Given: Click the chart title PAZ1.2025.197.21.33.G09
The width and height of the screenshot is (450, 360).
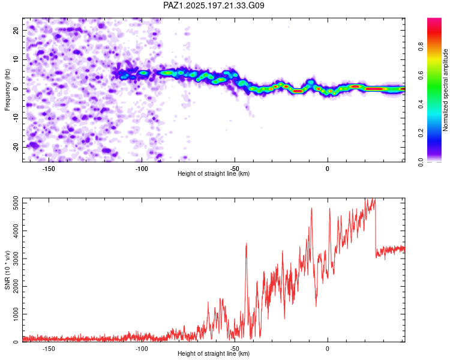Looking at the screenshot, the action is [x=214, y=5].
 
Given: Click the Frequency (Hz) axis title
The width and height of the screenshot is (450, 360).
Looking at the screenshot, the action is [x=7, y=90].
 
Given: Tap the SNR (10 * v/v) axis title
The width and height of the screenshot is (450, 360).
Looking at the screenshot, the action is [x=7, y=270].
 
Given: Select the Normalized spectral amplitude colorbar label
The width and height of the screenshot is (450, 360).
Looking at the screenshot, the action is [x=445, y=90].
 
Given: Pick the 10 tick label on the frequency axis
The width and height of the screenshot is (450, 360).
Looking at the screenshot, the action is [x=16, y=59].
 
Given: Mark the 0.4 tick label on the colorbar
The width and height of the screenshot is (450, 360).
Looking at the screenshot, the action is [x=421, y=104].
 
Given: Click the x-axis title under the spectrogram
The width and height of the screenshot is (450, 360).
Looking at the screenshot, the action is [x=214, y=173].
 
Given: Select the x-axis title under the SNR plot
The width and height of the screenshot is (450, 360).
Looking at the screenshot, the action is [x=214, y=353].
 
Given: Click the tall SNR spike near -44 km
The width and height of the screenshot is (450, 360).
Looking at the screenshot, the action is [x=246, y=244].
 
